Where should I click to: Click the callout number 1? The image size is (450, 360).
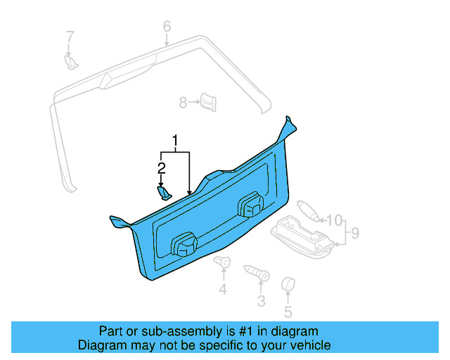[176, 141]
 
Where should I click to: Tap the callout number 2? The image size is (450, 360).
[161, 169]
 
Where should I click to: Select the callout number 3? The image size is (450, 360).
[261, 302]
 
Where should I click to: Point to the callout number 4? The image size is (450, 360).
[223, 290]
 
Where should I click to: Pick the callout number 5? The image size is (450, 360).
[288, 312]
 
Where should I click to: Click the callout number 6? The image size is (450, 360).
[167, 27]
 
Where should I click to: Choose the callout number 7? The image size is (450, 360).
[70, 36]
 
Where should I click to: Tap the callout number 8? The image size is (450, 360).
[183, 103]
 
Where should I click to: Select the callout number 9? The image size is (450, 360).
[355, 232]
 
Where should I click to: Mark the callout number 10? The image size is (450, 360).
[334, 220]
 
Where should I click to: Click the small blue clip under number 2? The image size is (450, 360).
[163, 192]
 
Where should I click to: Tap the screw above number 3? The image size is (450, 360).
[257, 273]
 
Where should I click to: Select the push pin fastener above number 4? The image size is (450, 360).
[223, 264]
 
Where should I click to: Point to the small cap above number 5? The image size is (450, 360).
[287, 284]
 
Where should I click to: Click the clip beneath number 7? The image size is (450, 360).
[72, 63]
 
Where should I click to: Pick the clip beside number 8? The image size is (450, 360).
[207, 101]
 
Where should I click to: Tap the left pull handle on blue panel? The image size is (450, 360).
[184, 244]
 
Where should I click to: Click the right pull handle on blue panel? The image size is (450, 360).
[249, 205]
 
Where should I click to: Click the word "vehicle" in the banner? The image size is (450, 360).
[309, 345]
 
